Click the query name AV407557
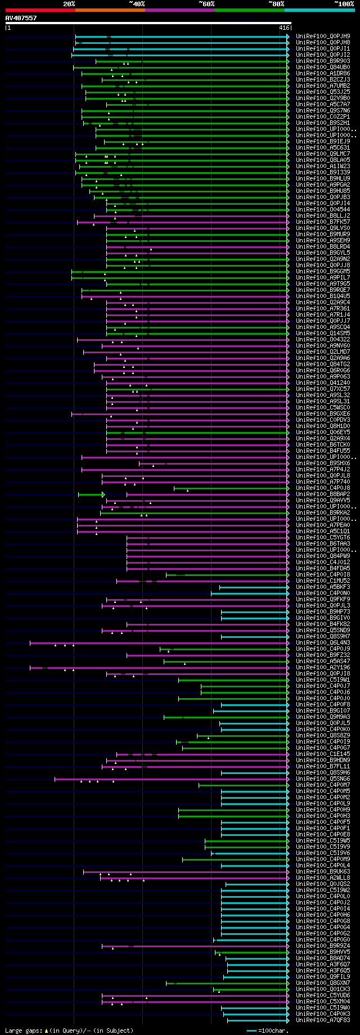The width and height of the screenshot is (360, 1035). (x=21, y=18)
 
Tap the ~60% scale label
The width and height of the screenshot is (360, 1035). (x=206, y=4)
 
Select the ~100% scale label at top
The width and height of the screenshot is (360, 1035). (x=344, y=4)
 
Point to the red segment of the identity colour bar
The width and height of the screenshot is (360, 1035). (x=40, y=10)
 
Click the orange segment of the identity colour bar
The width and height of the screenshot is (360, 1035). (x=110, y=10)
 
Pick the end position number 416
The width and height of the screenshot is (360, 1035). (x=284, y=28)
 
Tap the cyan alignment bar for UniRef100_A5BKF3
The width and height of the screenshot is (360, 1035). (x=253, y=587)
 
